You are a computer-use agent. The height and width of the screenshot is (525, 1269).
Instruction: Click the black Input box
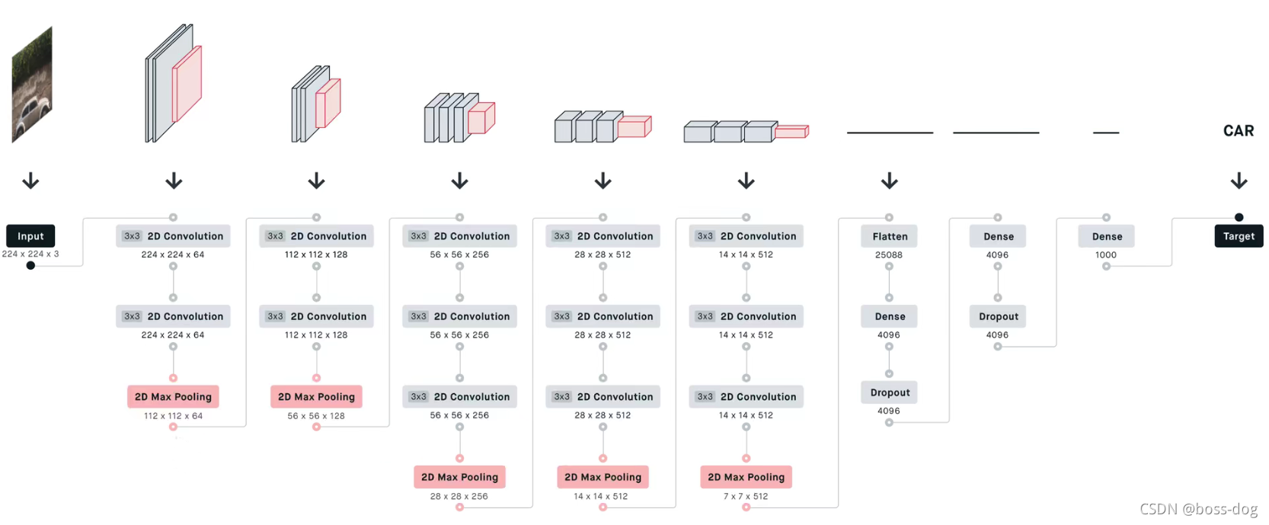point(30,236)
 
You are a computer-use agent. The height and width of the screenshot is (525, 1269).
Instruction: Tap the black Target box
point(1239,236)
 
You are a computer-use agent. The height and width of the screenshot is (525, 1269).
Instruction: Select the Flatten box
point(890,236)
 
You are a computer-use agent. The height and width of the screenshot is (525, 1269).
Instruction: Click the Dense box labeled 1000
point(1107,236)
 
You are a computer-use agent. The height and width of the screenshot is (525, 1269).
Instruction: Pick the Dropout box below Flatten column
point(890,392)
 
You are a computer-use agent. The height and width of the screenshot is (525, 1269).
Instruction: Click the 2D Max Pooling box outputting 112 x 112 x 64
point(173,397)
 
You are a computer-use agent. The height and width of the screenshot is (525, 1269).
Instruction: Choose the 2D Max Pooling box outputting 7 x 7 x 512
point(746,477)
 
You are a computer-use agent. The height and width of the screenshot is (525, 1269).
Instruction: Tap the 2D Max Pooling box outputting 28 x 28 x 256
point(459,477)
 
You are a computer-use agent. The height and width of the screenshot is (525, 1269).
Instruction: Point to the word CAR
point(1239,131)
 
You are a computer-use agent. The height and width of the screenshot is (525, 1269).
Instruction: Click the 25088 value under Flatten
point(889,255)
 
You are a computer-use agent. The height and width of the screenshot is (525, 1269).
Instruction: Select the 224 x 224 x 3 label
point(30,254)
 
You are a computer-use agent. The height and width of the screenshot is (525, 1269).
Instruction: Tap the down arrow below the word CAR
point(1239,181)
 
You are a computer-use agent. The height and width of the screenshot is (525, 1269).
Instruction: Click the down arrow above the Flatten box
point(889,181)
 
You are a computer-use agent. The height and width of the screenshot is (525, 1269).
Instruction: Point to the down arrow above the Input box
point(30,181)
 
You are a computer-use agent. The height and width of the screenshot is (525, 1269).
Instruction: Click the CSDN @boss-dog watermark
point(1198,509)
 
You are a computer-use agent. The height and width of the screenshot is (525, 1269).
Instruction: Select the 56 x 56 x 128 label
point(316,416)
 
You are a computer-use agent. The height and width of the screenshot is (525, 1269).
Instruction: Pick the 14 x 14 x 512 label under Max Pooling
point(601,496)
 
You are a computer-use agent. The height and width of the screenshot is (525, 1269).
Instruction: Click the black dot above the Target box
point(1239,217)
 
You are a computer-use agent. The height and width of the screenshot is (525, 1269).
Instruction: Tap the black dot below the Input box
point(30,265)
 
